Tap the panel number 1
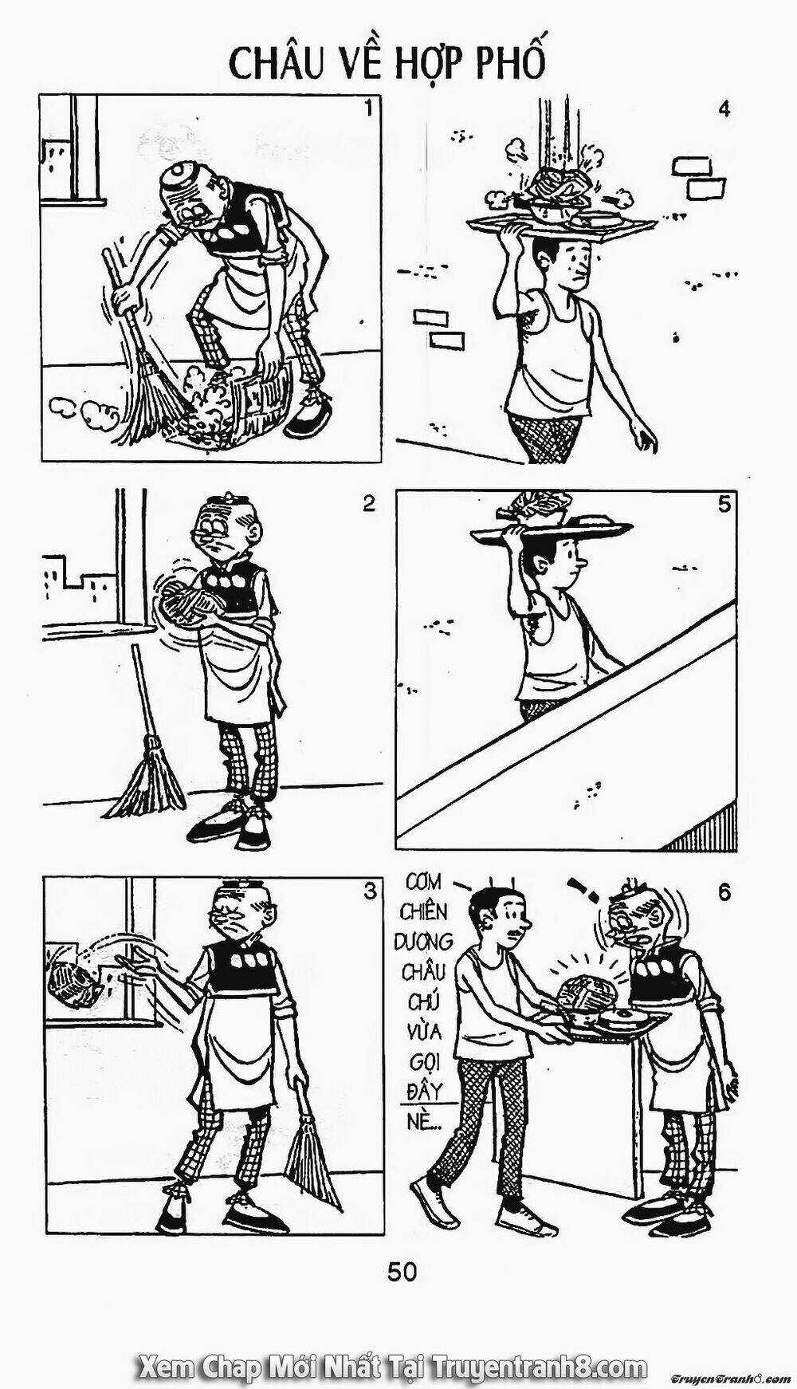[x=368, y=109]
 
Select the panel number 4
[x=724, y=109]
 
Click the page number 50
[x=402, y=1271]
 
